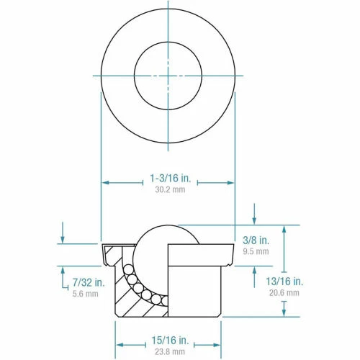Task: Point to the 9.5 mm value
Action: click(x=257, y=251)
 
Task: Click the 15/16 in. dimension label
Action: click(x=168, y=338)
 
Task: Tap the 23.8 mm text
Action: click(x=168, y=351)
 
